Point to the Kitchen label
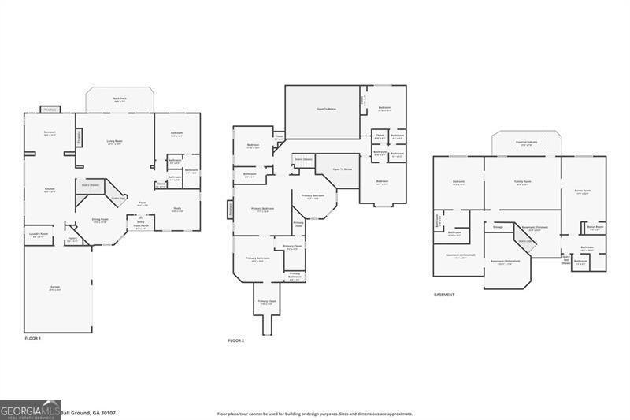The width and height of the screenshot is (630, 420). pos(50,190)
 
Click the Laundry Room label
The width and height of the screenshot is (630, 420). pos(39,234)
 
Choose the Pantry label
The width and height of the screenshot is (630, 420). pos(72,239)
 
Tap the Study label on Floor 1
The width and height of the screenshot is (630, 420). pos(177,210)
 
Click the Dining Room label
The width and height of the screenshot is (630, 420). pos(100,220)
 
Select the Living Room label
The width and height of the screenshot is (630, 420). pos(115,142)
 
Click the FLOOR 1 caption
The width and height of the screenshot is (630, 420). pos(33,338)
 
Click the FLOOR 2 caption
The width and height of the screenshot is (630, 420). pos(236,340)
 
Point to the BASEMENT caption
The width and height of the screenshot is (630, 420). pos(444,295)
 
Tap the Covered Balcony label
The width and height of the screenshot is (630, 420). pos(526,143)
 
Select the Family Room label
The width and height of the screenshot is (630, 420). pos(522,183)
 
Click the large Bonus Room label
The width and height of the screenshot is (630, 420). pos(584,191)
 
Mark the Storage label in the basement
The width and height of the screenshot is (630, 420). pos(498,227)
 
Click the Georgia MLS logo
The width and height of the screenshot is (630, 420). pos(31,410)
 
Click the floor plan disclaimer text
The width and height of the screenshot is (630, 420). pos(315,413)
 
